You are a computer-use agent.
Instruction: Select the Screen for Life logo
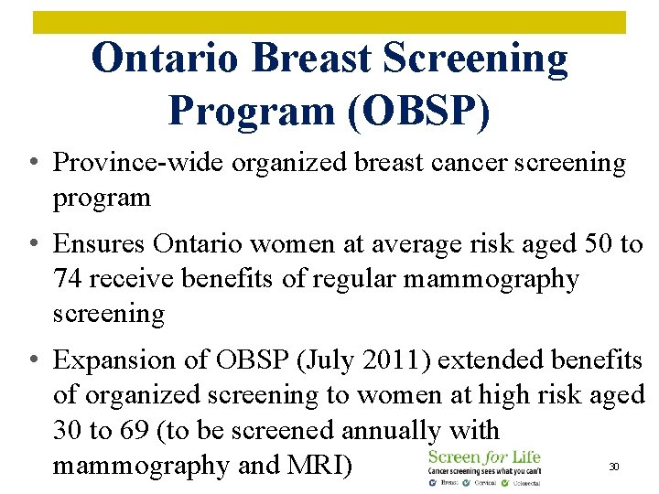click(484, 464)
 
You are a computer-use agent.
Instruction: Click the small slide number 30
click(615, 467)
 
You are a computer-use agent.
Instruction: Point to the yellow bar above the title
click(329, 22)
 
